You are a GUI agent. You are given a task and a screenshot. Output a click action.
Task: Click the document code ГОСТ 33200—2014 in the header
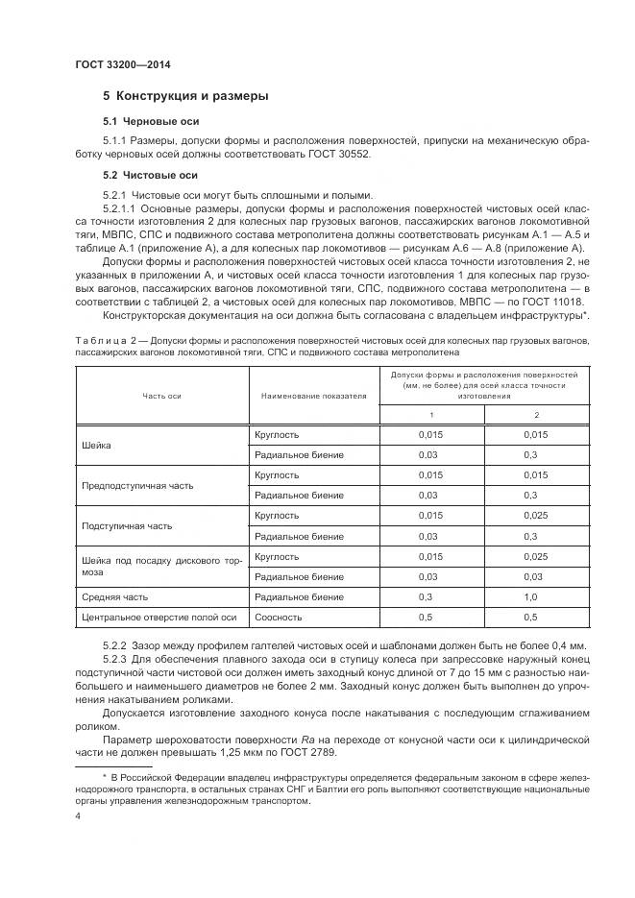(116, 65)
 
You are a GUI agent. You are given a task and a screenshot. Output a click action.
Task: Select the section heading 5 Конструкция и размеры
(185, 97)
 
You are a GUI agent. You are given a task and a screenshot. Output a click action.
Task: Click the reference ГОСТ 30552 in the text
(338, 154)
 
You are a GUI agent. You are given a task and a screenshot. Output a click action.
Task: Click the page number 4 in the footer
(78, 814)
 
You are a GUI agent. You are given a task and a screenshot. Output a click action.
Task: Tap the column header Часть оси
(161, 395)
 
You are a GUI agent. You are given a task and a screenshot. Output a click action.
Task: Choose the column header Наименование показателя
(313, 395)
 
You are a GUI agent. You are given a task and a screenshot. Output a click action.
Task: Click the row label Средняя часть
(115, 596)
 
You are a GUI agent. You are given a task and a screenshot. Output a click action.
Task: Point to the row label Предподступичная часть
(137, 485)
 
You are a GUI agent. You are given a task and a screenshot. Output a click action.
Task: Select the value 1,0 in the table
(529, 596)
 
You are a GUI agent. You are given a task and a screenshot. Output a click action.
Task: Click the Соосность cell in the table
(278, 617)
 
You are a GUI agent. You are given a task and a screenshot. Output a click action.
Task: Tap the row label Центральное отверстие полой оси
(159, 617)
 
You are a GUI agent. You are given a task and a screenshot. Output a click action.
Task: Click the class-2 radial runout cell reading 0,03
(529, 576)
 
